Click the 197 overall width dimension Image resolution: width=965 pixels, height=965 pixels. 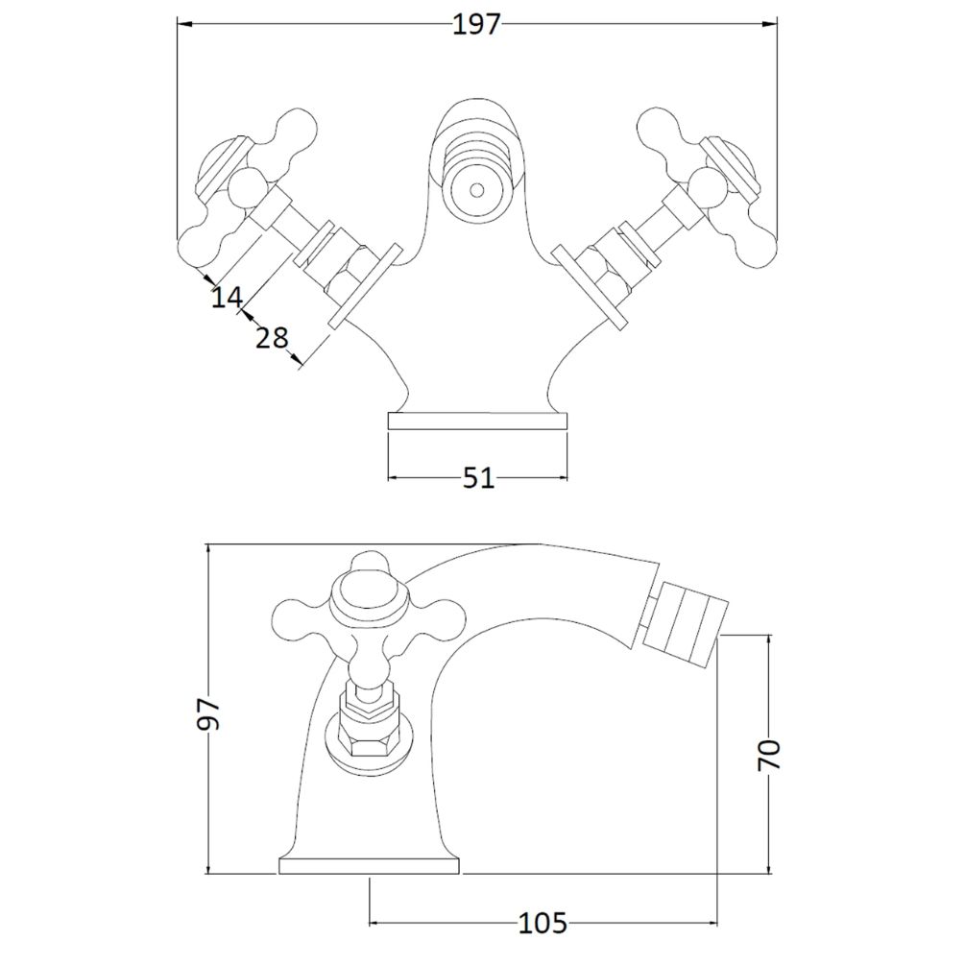[477, 25]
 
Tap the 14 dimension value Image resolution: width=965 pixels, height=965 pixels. [228, 298]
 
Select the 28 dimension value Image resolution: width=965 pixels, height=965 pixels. [272, 338]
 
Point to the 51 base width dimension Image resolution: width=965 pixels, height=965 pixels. [478, 477]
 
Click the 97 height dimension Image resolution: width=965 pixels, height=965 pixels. [208, 713]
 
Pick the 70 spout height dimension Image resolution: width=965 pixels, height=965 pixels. [769, 755]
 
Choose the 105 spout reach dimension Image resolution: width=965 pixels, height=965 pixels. [543, 923]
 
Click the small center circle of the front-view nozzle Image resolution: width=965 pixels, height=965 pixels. [476, 189]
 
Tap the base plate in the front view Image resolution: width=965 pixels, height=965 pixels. [477, 421]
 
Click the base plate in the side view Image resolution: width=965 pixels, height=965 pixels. [370, 866]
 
